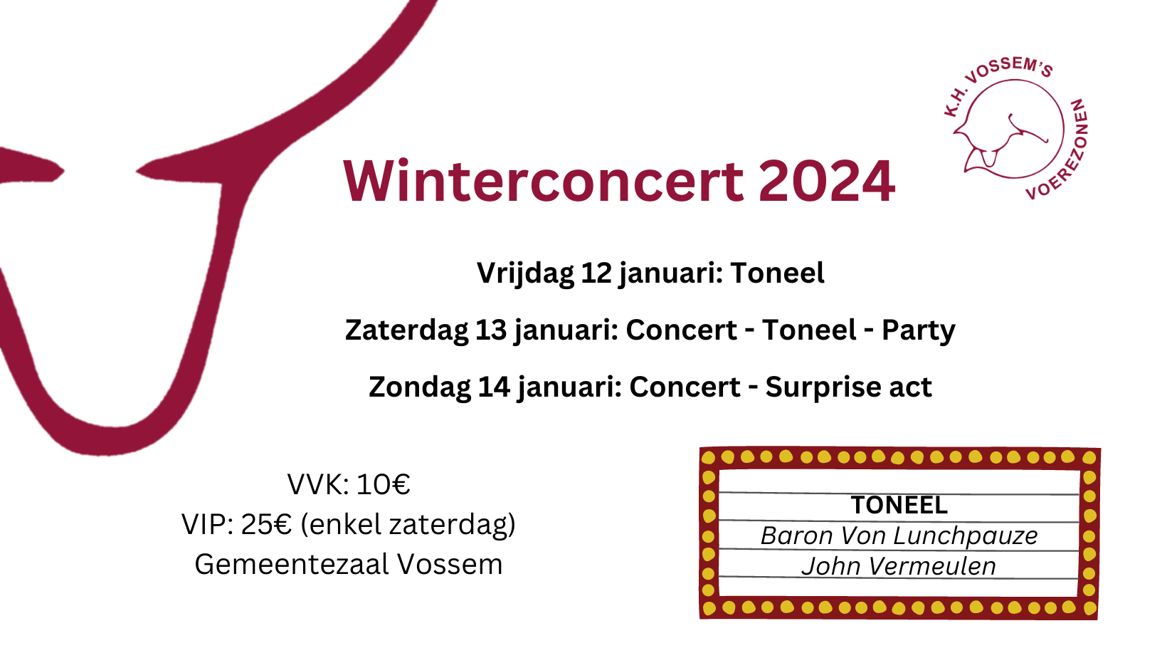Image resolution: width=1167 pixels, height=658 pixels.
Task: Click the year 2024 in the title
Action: [827, 181]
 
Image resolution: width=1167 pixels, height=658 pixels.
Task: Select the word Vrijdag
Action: [525, 273]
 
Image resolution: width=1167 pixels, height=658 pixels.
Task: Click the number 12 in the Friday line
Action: [596, 273]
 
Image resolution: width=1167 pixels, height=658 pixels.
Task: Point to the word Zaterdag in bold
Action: [406, 330]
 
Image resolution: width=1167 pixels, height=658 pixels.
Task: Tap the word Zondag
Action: [419, 387]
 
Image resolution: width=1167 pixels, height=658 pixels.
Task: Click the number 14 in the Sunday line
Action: [494, 387]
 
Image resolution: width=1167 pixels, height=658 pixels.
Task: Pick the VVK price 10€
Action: [384, 484]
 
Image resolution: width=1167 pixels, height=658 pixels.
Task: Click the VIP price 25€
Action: [266, 525]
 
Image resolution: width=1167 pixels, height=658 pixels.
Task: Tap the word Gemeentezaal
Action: [292, 565]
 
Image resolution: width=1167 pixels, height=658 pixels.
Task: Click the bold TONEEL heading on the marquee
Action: [899, 505]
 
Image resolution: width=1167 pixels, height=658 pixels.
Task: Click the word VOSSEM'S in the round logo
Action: [1008, 70]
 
